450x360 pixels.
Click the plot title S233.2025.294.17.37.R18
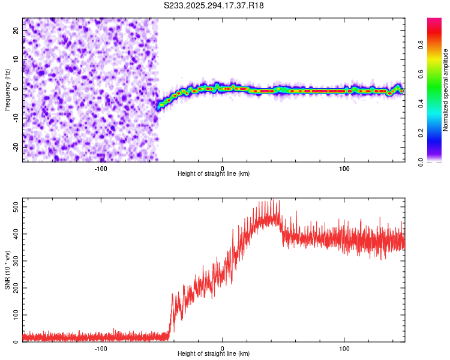[214, 5]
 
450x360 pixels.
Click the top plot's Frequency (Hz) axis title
[7, 90]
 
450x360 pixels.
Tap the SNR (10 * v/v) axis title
[7, 270]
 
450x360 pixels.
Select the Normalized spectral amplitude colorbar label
[446, 90]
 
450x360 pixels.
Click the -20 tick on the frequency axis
[15, 147]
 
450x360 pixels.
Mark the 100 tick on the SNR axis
[14, 314]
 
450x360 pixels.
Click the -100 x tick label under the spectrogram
[101, 168]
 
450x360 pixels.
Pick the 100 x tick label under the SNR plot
[344, 348]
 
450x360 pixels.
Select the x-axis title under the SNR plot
[214, 354]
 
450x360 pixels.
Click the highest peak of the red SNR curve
[273, 199]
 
